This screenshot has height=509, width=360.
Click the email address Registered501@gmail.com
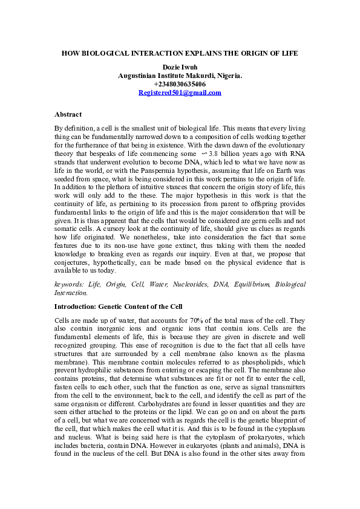click(x=180, y=92)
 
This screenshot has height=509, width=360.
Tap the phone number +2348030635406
click(x=180, y=84)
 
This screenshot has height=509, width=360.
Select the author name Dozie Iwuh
click(x=180, y=67)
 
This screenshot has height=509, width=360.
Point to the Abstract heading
click(x=68, y=114)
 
